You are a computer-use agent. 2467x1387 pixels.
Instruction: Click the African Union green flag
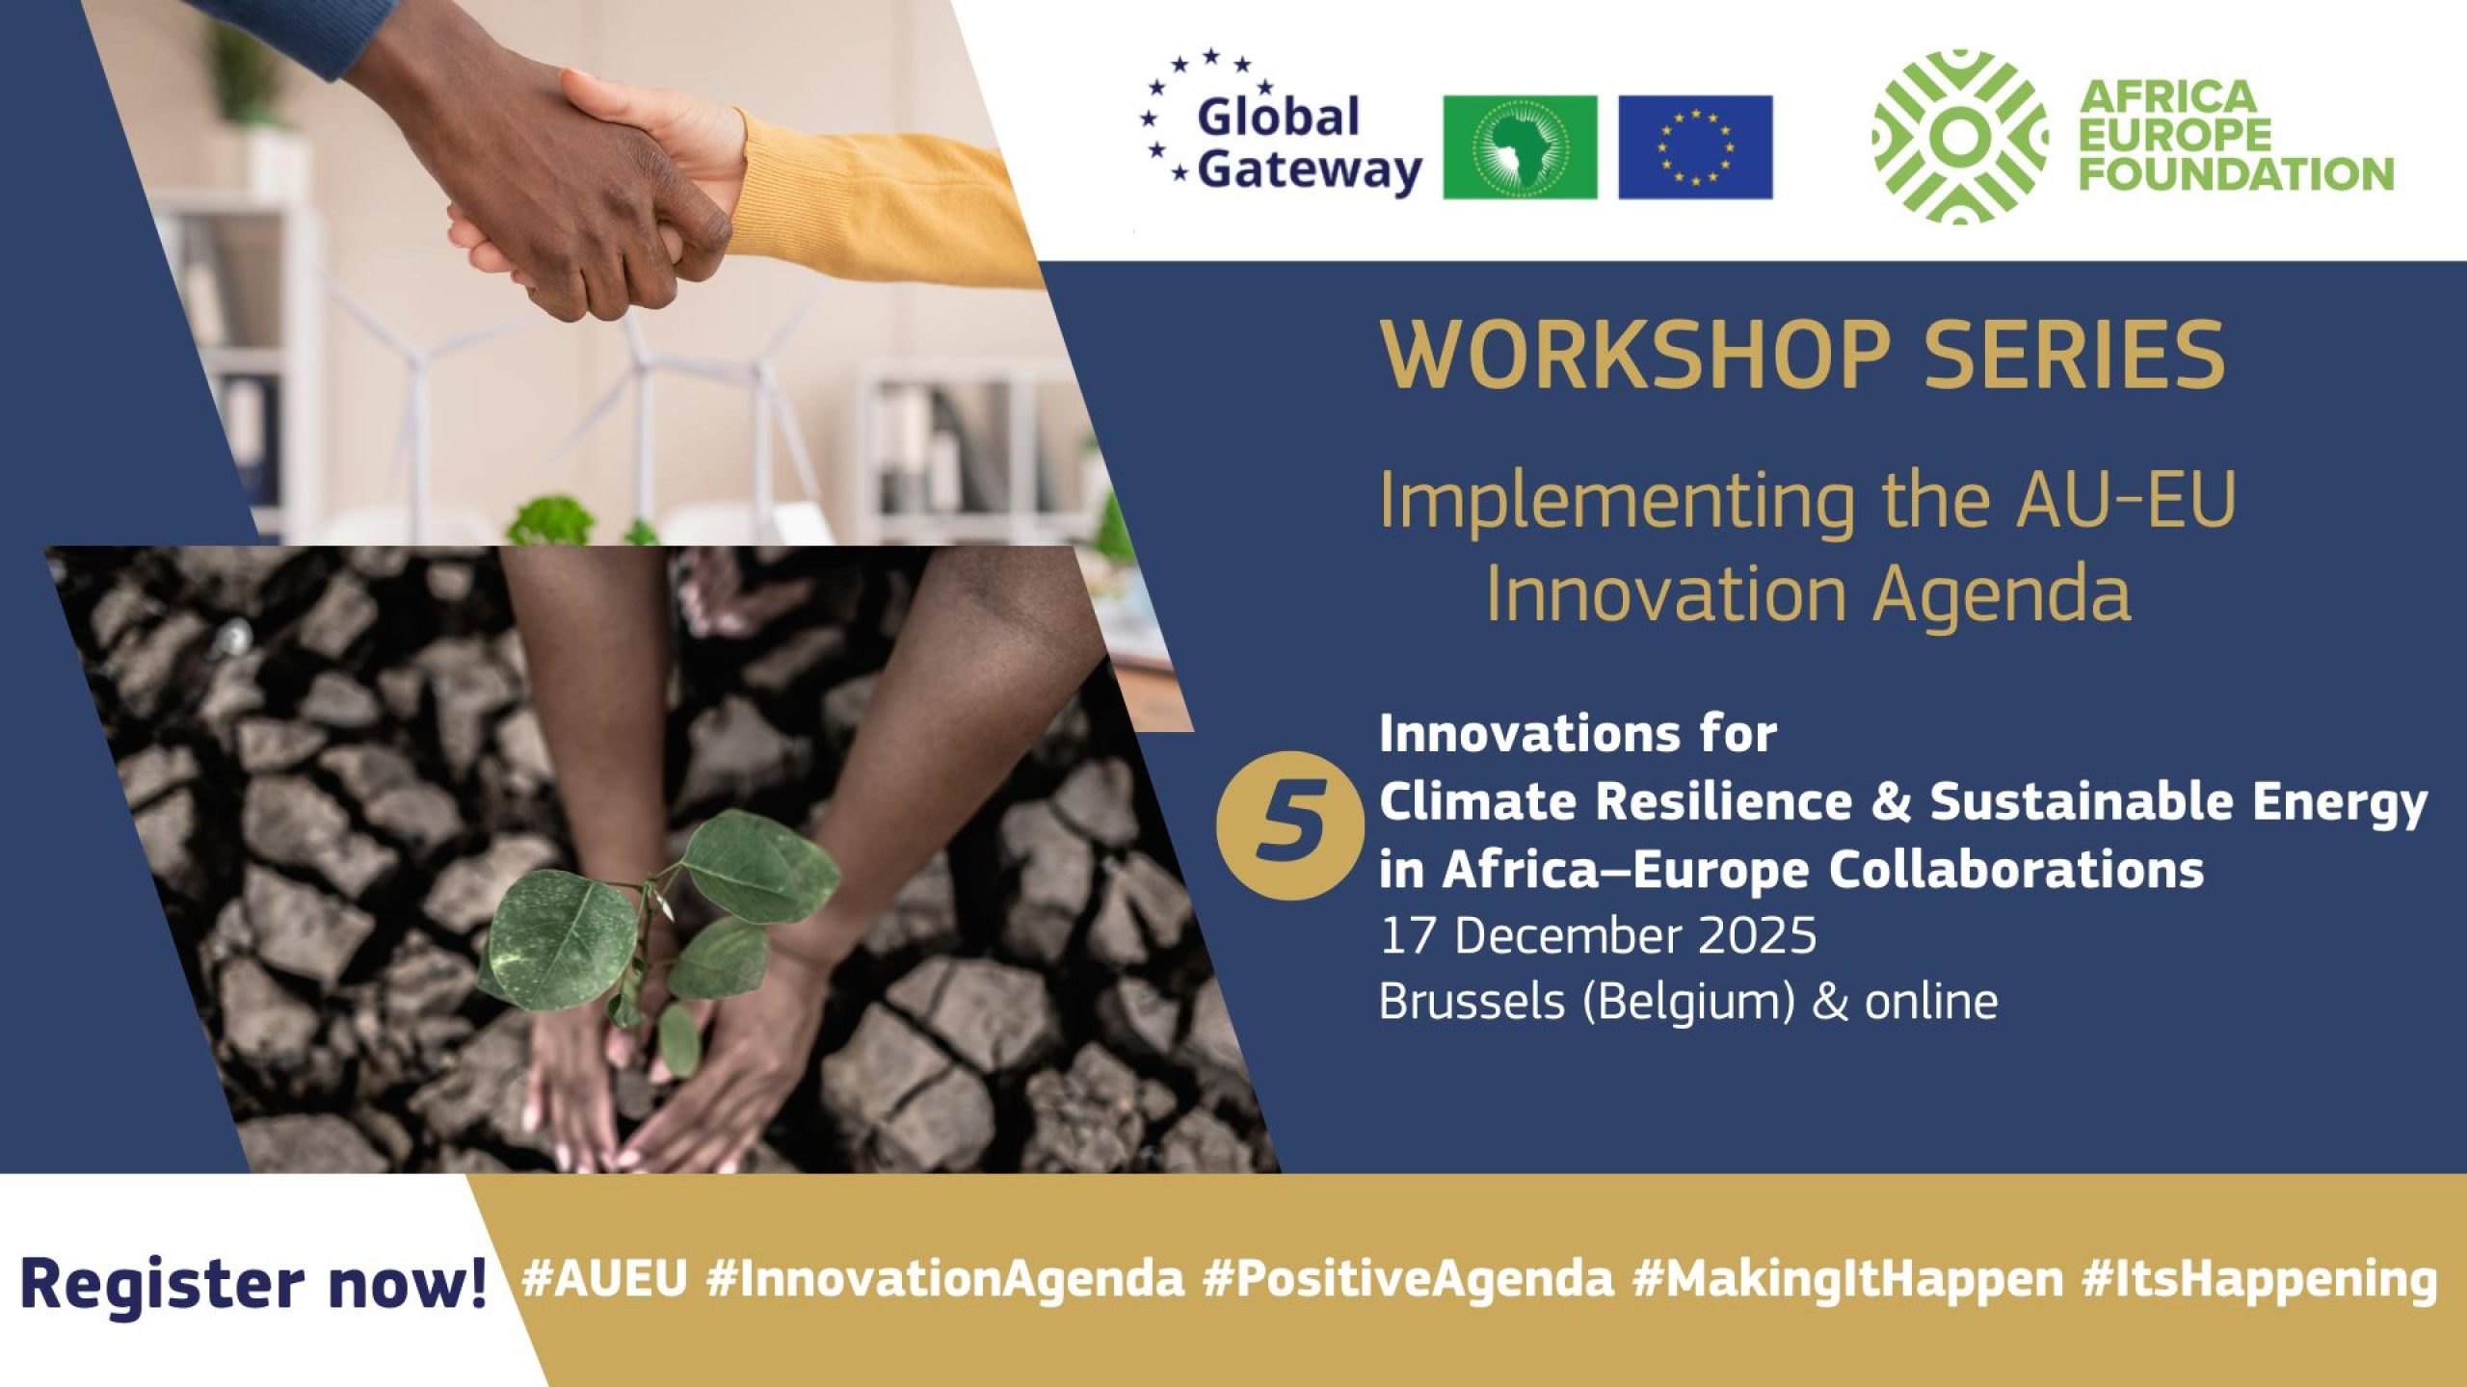1520,147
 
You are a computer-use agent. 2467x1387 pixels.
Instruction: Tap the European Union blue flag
1695,147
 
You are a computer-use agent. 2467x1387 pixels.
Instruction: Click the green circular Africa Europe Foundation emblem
1958,137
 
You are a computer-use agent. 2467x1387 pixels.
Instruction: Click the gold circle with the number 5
1289,825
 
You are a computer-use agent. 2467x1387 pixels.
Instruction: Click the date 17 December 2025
1598,936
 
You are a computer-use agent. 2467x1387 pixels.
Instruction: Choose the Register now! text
253,1284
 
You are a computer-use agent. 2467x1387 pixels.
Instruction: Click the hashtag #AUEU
604,1279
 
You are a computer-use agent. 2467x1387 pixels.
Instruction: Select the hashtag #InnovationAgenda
944,1279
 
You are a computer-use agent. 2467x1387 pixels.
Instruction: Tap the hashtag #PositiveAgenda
1408,1279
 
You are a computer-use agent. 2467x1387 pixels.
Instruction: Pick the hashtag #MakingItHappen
1844,1279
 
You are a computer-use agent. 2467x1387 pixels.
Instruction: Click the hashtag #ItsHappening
2256,1279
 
